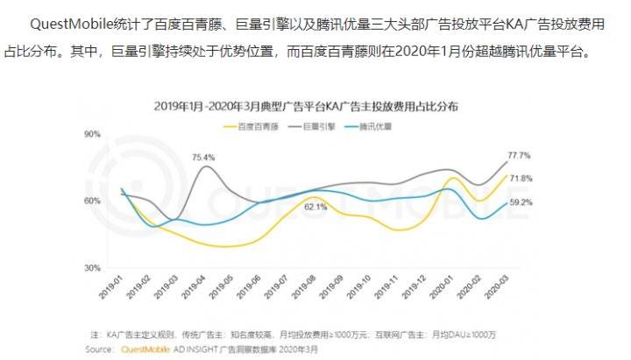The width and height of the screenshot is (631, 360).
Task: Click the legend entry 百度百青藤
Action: tap(258, 126)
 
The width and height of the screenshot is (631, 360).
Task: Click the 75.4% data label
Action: tap(204, 157)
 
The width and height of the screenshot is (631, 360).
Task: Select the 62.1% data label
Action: tap(315, 208)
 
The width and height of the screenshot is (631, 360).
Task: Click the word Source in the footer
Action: tap(98, 349)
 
